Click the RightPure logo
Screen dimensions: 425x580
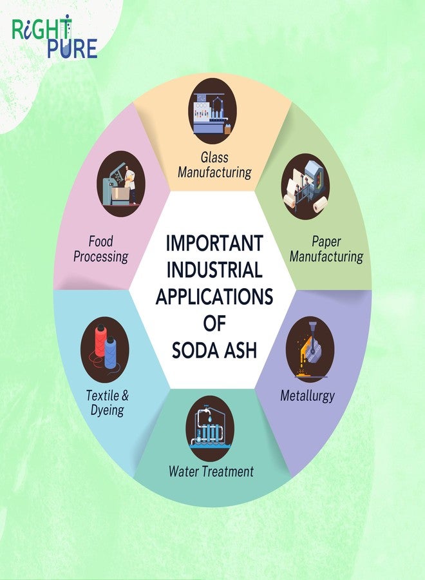(x=55, y=36)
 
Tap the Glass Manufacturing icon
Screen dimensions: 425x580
(x=212, y=111)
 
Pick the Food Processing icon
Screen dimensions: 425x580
(x=121, y=184)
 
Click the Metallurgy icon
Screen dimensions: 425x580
(x=310, y=349)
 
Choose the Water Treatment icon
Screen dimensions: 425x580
(x=210, y=429)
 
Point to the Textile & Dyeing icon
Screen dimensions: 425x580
(x=105, y=349)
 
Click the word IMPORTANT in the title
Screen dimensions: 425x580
(x=214, y=243)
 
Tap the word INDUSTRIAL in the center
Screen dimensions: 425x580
(x=214, y=269)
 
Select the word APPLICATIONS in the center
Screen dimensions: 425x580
(x=214, y=296)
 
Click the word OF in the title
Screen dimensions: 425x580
(x=214, y=323)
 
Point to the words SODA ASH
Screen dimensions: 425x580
(x=214, y=350)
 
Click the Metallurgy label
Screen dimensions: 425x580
(x=307, y=396)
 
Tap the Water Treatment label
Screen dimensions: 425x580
(x=211, y=471)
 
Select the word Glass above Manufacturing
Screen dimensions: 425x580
(x=214, y=157)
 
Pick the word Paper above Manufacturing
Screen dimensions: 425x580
(x=326, y=242)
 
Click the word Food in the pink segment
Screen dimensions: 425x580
(x=100, y=242)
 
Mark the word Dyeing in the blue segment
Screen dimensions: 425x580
(x=107, y=411)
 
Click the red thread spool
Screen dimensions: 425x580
(x=99, y=340)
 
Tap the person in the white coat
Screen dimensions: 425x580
(x=129, y=184)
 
